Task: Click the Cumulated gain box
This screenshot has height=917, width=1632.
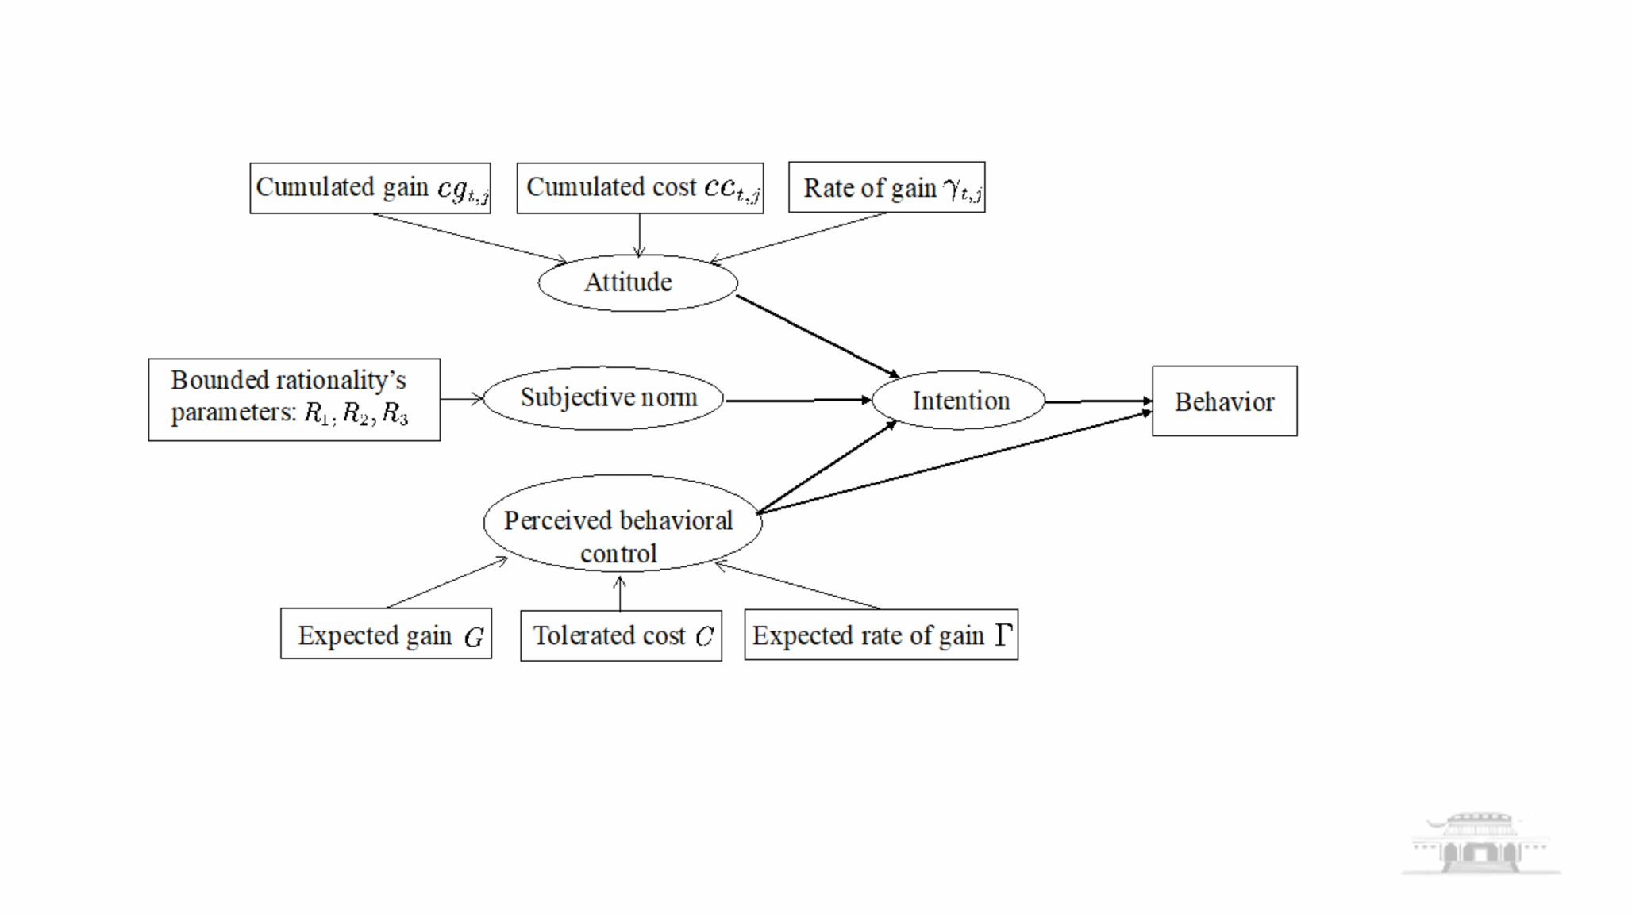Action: click(370, 188)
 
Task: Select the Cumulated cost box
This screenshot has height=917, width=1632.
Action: click(640, 188)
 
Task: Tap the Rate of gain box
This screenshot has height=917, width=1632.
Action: click(887, 188)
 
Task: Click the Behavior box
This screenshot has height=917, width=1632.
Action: click(1224, 401)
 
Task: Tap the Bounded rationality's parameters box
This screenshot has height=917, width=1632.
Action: click(294, 399)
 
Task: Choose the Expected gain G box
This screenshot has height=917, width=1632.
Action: click(386, 634)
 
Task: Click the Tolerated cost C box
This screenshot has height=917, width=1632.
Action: click(621, 635)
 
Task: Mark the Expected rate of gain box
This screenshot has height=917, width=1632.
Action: click(880, 635)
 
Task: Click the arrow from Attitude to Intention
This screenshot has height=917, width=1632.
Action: click(818, 336)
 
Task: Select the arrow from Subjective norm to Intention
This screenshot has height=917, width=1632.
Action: click(797, 401)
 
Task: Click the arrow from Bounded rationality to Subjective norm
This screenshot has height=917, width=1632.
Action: click(461, 399)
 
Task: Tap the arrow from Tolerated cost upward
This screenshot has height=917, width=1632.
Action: click(620, 593)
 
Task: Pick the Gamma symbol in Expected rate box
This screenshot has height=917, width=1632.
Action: click(1003, 635)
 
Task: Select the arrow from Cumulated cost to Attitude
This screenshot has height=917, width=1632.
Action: click(639, 235)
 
